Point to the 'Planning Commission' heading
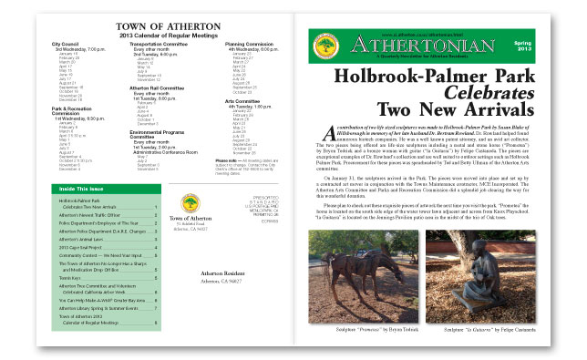point(251,42)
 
